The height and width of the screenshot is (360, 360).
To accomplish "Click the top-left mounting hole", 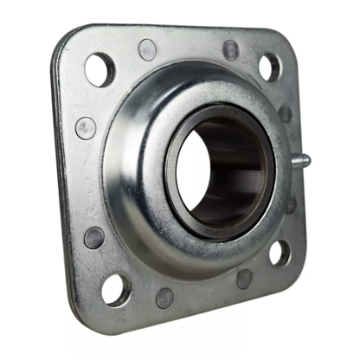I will (100, 68).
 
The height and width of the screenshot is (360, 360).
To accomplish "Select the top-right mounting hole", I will (269, 67).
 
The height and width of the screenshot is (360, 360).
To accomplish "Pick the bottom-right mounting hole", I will (279, 253).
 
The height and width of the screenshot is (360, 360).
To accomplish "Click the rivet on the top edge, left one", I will (148, 49).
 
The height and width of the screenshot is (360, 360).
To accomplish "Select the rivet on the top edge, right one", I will (231, 49).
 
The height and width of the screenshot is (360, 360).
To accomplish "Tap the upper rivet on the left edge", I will (85, 128).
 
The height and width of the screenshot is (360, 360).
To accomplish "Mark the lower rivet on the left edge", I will (93, 237).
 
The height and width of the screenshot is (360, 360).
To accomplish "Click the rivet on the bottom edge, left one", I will (164, 297).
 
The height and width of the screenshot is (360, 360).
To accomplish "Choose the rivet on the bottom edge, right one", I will (245, 279).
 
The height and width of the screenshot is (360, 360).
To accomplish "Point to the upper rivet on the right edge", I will (286, 113).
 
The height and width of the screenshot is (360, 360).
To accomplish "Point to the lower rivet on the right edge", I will (291, 205).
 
